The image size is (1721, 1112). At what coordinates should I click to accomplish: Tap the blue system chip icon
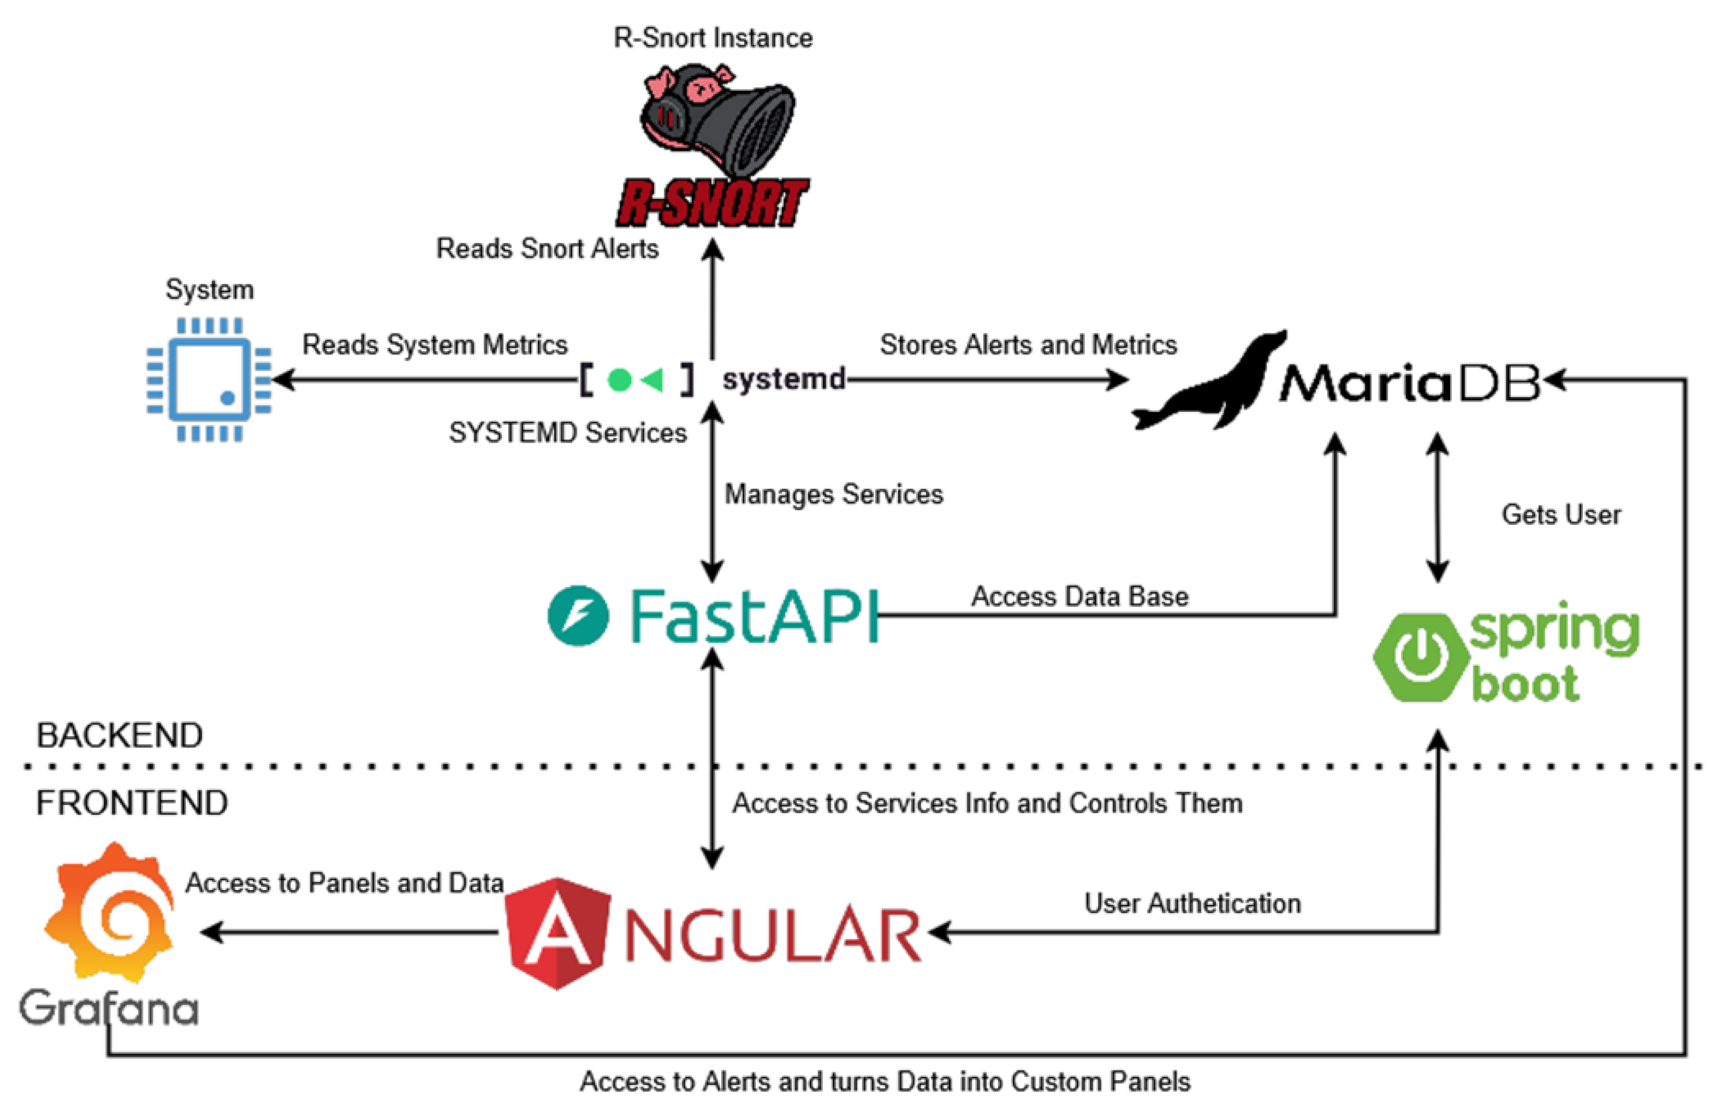click(x=209, y=379)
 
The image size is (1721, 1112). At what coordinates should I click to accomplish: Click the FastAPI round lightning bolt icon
click(x=578, y=615)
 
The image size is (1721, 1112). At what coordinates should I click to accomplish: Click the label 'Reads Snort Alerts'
click(x=546, y=249)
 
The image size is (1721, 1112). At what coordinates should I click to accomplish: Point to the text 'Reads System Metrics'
click(x=434, y=344)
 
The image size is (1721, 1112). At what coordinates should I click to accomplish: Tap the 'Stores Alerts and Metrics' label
click(x=1027, y=344)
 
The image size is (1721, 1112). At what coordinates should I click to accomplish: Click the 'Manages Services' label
click(x=833, y=495)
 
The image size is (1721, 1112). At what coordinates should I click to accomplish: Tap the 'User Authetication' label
click(x=1192, y=903)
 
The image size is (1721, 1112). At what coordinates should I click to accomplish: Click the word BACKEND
click(x=120, y=735)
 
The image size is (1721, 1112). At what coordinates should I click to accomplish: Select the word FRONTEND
click(x=132, y=803)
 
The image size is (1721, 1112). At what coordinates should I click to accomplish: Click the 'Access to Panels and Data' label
click(x=344, y=882)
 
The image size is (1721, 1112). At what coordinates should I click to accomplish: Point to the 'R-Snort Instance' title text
click(x=713, y=38)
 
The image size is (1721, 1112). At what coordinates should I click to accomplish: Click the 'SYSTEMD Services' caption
click(x=568, y=433)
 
